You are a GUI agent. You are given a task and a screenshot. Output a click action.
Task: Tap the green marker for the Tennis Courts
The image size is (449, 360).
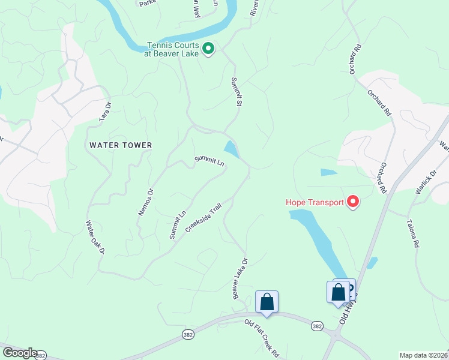[x=208, y=48]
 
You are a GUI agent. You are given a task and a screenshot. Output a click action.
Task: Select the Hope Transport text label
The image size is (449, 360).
[x=314, y=202]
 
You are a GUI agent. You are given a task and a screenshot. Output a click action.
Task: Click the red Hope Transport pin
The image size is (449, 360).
[x=353, y=202]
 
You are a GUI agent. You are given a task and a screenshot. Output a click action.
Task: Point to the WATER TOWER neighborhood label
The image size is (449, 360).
[x=121, y=145]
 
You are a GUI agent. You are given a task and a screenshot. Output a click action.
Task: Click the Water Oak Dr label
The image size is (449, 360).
[x=95, y=237]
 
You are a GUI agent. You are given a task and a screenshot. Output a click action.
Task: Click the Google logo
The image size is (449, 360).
[x=20, y=353]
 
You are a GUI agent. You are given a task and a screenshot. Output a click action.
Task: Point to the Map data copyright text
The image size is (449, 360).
[x=423, y=355]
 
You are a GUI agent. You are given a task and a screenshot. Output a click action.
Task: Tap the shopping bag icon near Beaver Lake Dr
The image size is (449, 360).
[x=267, y=302]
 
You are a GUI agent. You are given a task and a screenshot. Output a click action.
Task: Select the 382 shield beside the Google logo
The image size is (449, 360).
[x=40, y=356]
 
